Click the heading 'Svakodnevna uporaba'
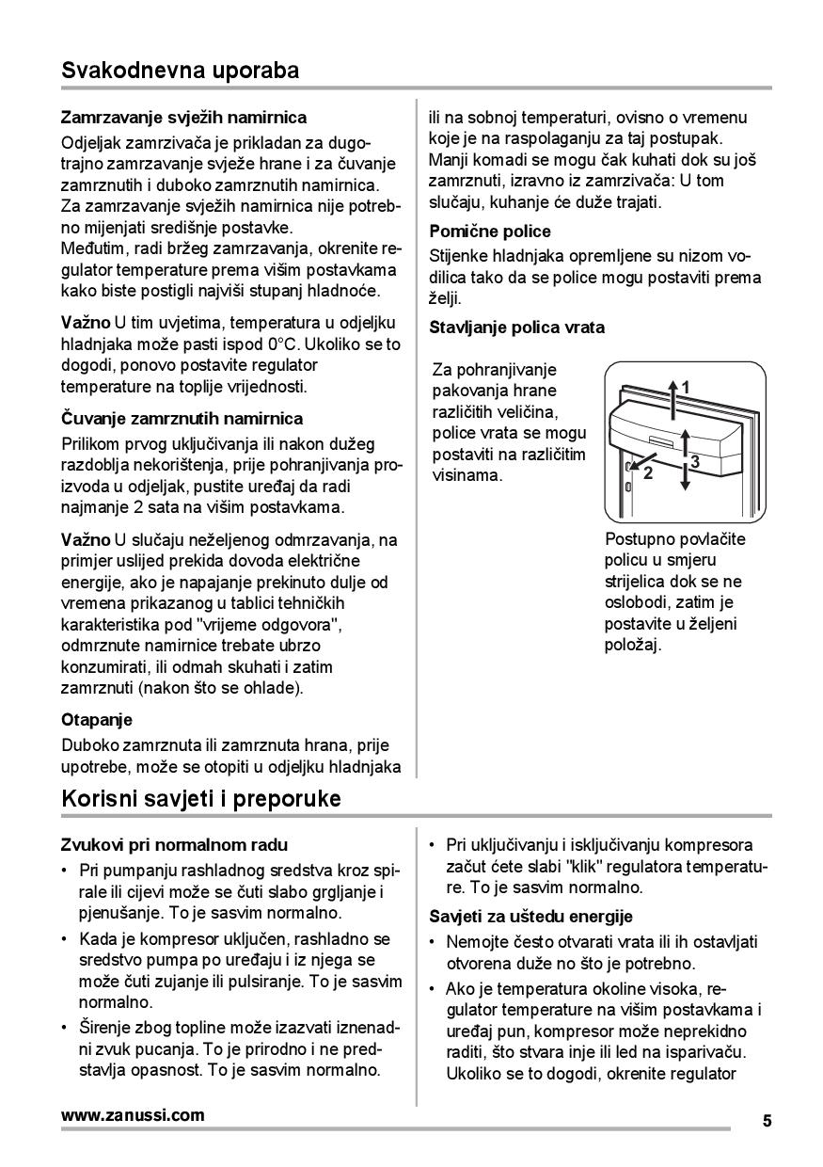pos(180,71)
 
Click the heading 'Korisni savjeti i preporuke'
pos(200,799)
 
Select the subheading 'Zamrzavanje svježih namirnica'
pos(183,118)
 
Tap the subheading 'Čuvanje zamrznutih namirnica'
pos(182,418)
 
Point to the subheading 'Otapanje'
pos(97,720)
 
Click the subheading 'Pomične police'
pos(490,231)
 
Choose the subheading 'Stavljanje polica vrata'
pos(517,328)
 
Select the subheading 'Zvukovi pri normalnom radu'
pos(174,845)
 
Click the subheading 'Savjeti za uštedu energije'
pos(530,916)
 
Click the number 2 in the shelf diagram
pos(647,473)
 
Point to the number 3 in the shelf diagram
pos(694,461)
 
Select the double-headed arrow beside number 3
pos(686,456)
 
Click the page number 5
pos(767,1120)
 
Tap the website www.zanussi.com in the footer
pos(133,1115)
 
